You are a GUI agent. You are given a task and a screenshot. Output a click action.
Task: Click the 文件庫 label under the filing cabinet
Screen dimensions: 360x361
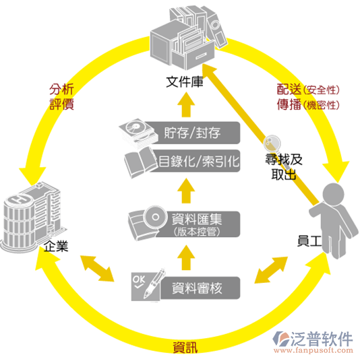coord(184,82)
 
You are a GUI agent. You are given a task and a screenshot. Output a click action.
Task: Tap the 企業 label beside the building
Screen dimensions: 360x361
coord(56,247)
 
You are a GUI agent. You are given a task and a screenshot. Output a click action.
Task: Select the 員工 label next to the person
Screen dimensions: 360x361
coord(309,241)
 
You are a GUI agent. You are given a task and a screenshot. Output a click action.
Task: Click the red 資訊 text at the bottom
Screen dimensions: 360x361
coord(185,348)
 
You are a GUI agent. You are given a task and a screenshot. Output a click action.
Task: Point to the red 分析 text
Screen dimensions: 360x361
coord(61,89)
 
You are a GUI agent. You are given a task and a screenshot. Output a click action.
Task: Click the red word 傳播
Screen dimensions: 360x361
coord(289,104)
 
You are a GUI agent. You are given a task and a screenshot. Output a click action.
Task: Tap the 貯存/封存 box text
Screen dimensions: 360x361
coord(192,133)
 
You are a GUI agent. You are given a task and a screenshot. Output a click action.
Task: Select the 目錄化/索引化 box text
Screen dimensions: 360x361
coord(199,161)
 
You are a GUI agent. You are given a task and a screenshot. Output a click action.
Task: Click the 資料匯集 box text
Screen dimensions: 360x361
coord(197,219)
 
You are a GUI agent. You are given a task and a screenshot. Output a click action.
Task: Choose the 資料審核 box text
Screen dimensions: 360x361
coord(197,288)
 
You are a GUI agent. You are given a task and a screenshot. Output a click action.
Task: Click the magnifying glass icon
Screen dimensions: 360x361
coord(272,143)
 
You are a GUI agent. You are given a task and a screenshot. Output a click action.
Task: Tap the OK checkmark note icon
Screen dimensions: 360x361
coord(146,286)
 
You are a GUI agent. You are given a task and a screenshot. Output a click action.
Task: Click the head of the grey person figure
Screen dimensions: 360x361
coord(333,193)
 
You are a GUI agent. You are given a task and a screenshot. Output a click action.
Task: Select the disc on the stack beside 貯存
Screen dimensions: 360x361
coord(135,126)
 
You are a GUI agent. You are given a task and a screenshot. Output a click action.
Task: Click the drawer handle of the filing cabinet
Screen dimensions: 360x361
coord(201,56)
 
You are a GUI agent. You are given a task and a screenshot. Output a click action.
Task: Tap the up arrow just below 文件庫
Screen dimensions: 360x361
coord(186,105)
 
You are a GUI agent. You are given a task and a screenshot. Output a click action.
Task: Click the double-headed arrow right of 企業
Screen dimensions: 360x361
coord(97,269)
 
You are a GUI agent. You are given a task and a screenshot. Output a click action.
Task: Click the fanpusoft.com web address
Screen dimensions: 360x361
coord(313,351)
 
